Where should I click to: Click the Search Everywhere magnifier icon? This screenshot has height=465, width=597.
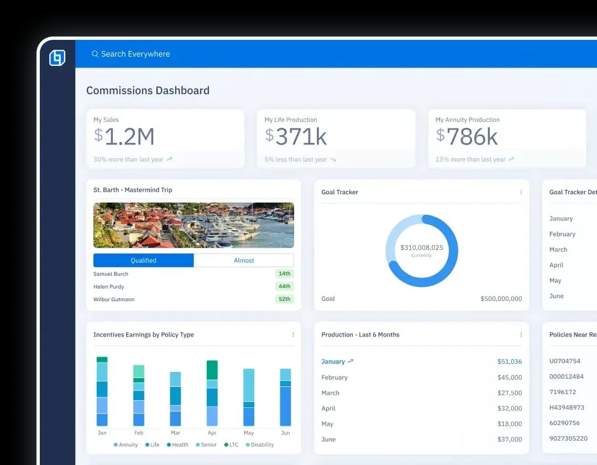(x=95, y=54)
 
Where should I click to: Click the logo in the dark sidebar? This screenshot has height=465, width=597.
(x=57, y=58)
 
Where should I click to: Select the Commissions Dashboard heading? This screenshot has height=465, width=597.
(x=148, y=91)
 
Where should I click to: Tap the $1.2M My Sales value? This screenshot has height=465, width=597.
(x=124, y=136)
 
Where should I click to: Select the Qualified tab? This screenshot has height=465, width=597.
(x=144, y=260)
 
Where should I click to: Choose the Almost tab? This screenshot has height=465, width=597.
(x=244, y=260)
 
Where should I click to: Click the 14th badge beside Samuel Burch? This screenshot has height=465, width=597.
(x=284, y=273)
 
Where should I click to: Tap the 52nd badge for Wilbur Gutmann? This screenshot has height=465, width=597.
(x=284, y=299)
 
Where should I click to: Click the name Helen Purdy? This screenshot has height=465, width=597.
(x=109, y=287)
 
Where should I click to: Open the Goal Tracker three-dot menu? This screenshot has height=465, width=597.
(x=521, y=192)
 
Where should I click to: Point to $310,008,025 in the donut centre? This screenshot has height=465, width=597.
(x=422, y=247)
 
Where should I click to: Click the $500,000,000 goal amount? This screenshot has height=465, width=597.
(x=501, y=299)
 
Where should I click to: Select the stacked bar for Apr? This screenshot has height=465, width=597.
(x=212, y=393)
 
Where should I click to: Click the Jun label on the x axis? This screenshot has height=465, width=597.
(x=285, y=433)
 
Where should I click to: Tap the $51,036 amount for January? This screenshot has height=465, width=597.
(x=509, y=361)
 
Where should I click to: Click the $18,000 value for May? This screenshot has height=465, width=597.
(x=509, y=424)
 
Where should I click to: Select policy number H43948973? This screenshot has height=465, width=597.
(x=567, y=407)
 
